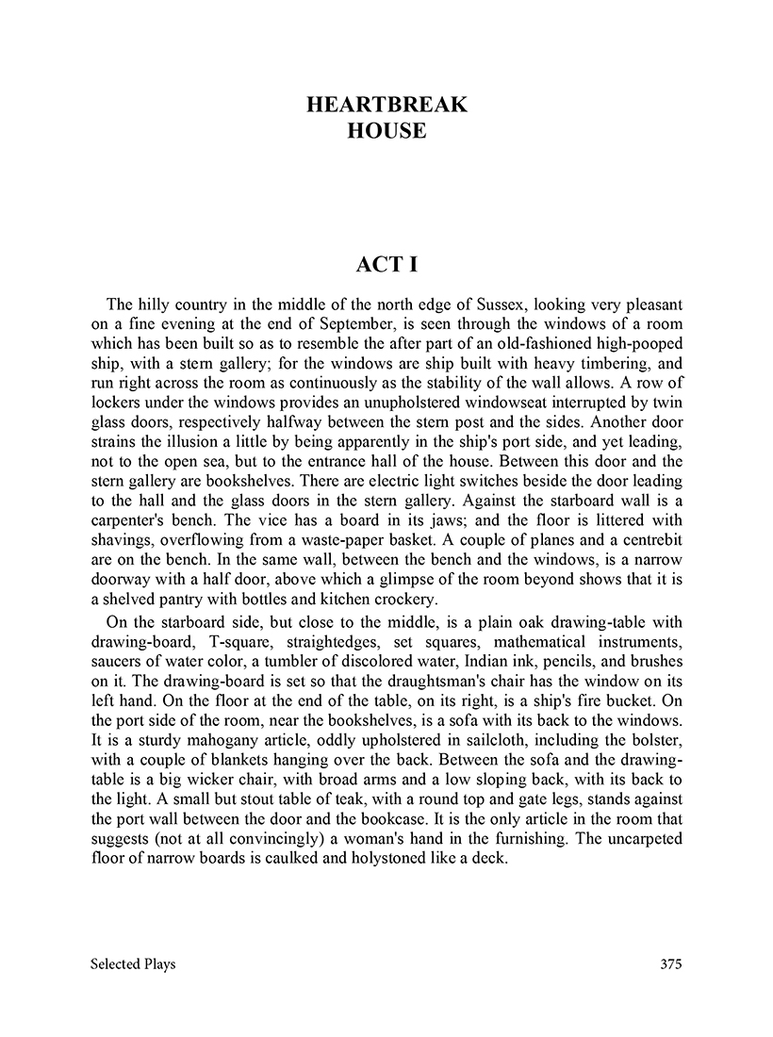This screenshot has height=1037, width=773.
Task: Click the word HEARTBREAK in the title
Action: (386, 105)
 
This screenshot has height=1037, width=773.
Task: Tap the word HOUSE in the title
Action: (386, 131)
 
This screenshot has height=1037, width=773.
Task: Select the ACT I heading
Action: (386, 265)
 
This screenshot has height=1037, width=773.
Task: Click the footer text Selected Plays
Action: (133, 963)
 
